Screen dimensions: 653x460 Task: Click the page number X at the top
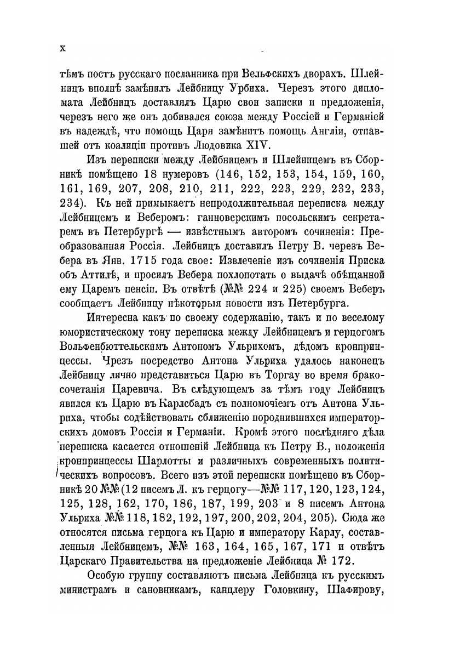[62, 48]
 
